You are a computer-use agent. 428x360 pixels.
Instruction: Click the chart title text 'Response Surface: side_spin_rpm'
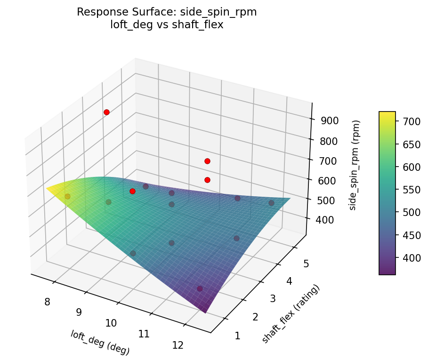(x=167, y=13)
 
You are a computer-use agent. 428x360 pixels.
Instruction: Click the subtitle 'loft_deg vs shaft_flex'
(x=167, y=25)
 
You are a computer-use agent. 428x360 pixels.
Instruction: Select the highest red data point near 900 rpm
(x=106, y=112)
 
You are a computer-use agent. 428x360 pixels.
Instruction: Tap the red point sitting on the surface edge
(x=132, y=191)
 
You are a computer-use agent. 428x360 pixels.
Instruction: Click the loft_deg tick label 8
(x=47, y=302)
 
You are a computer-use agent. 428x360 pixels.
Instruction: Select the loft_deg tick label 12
(x=178, y=345)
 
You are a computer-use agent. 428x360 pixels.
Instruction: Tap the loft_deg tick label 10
(x=111, y=323)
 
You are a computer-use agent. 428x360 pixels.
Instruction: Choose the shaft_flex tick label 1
(x=237, y=336)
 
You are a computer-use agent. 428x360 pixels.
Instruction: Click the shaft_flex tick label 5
(x=306, y=264)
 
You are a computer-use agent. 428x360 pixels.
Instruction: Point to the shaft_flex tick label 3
(x=273, y=299)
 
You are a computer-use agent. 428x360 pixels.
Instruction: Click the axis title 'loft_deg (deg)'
(x=100, y=343)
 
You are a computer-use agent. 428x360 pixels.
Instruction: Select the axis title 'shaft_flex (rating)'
(x=291, y=314)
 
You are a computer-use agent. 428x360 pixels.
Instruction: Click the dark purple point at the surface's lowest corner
(x=200, y=288)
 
